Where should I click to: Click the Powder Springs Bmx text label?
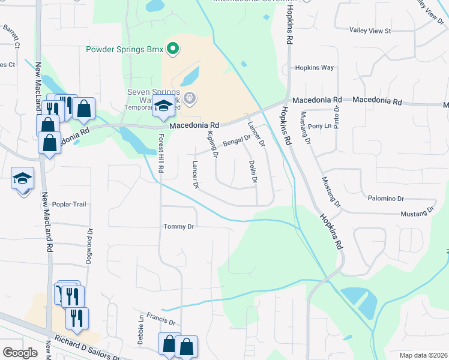[124, 50]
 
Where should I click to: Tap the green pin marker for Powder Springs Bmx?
[173, 49]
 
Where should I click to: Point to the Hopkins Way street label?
[314, 68]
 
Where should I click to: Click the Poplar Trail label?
[70, 204]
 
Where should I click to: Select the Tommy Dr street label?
[179, 226]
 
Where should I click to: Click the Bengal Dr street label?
[237, 141]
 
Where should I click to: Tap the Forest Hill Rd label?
[160, 154]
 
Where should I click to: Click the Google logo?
[20, 352]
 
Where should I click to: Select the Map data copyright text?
[423, 355]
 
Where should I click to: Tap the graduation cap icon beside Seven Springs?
[163, 107]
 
